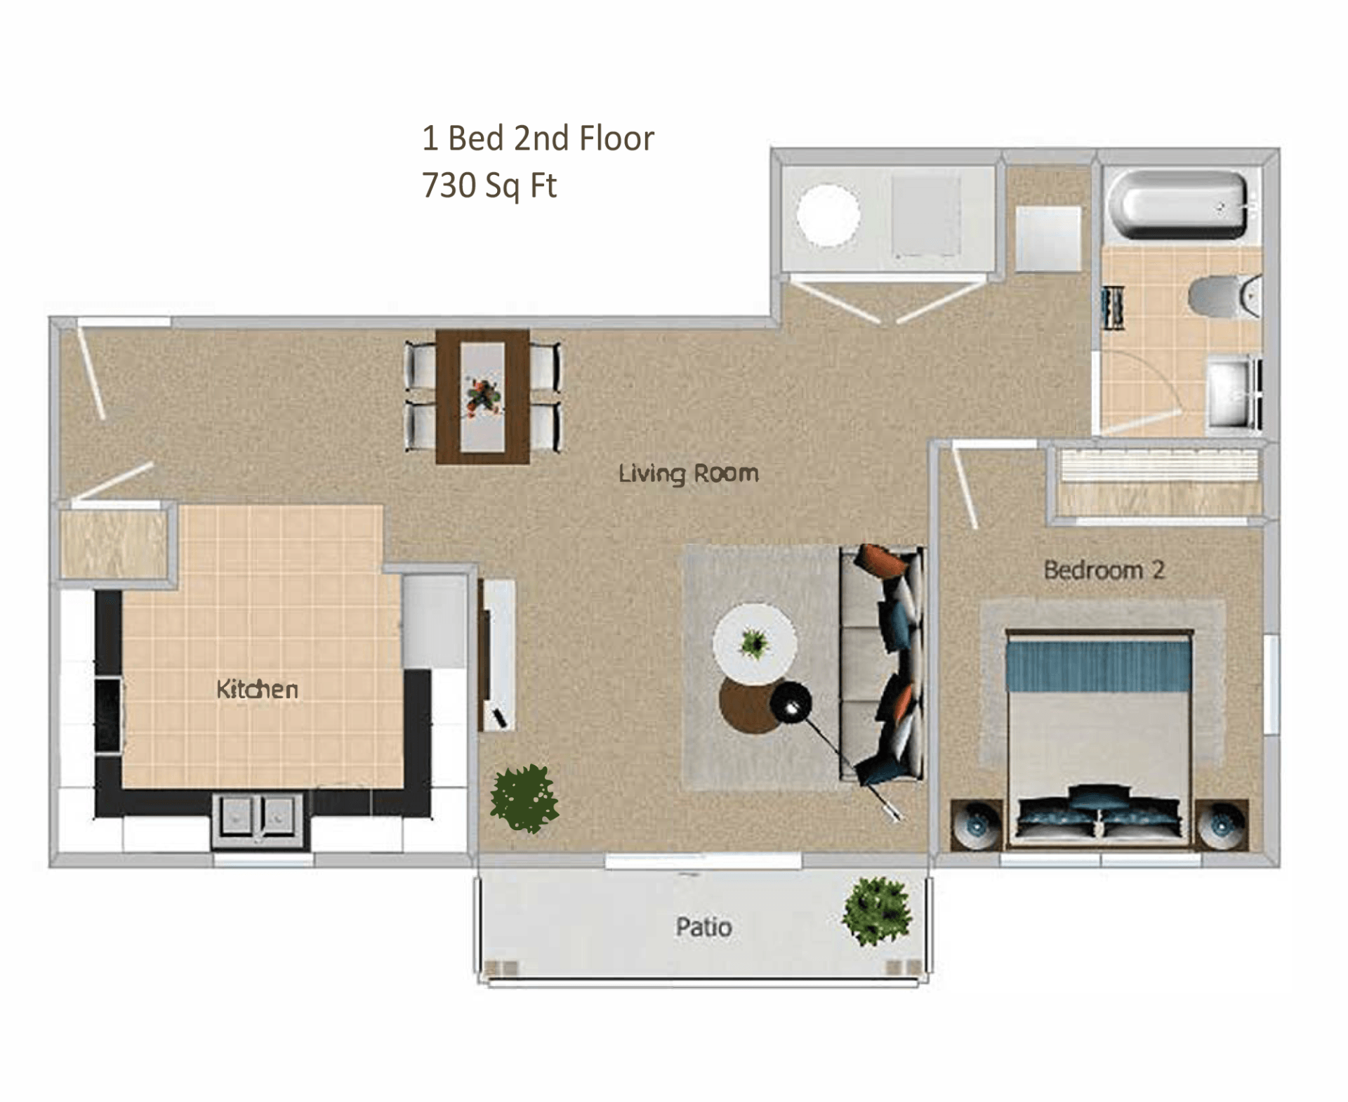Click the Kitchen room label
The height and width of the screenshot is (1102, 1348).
tap(257, 689)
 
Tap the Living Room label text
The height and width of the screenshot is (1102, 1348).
tap(688, 473)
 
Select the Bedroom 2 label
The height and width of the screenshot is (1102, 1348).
tap(1104, 570)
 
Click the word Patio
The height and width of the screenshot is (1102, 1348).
tap(703, 927)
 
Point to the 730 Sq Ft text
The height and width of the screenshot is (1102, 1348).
tap(489, 186)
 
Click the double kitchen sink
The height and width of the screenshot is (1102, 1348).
tap(258, 818)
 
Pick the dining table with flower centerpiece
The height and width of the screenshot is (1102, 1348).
tap(482, 397)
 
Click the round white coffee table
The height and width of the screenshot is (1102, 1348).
tap(754, 643)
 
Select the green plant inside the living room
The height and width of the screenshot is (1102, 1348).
tap(524, 799)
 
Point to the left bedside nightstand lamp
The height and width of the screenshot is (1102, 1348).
tap(976, 825)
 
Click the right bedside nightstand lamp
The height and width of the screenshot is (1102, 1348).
tap(1222, 825)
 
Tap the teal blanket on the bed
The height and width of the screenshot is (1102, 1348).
tap(1098, 664)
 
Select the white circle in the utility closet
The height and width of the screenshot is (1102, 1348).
tap(828, 215)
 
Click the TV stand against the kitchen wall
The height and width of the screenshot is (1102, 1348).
tap(497, 655)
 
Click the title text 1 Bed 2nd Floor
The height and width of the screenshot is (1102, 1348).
tap(538, 138)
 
